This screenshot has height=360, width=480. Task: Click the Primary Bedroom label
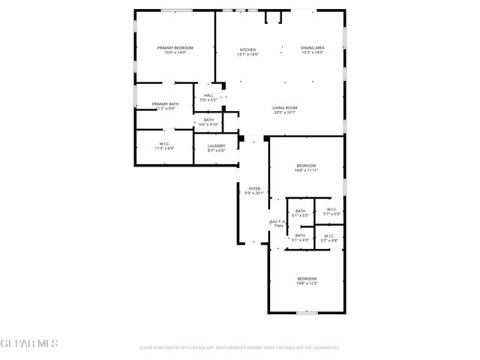pos(175,48)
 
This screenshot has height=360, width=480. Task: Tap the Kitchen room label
pos(247,49)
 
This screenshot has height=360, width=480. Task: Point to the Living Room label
pos(284,108)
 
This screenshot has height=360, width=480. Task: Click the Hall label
pos(208,95)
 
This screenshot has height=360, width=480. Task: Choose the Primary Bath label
pos(165,104)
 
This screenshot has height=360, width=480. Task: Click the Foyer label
pos(254,188)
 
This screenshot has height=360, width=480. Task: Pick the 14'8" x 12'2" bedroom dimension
pos(306,283)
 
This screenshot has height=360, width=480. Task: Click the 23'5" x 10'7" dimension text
pos(284,112)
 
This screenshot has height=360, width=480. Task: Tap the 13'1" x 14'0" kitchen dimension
pos(247,53)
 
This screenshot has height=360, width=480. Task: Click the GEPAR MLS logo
pos(29,344)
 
